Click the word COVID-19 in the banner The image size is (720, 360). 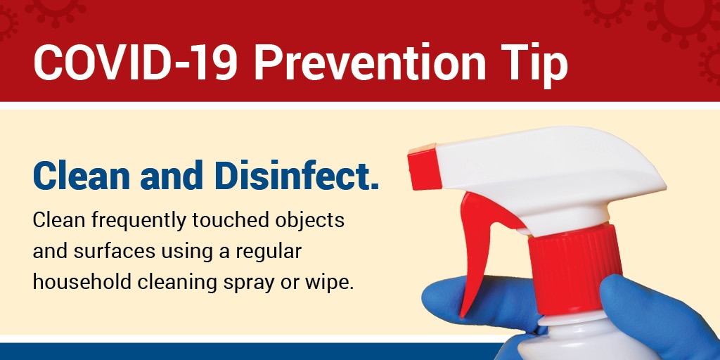(x=136, y=62)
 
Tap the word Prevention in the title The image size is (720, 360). (x=370, y=62)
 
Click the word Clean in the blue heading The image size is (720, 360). (x=81, y=176)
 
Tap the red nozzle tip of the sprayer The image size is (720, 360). (x=424, y=167)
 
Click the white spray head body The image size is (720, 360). (x=546, y=174)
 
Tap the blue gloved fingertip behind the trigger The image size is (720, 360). (x=477, y=303)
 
